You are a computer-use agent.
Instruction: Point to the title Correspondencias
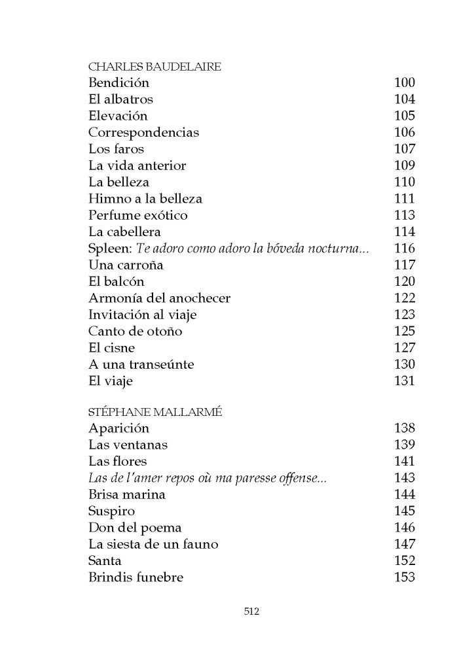coord(143,132)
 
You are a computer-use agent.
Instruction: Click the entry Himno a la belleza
coord(145,198)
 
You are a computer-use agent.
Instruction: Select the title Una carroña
coord(125,265)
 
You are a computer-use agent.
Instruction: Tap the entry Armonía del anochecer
coord(159,298)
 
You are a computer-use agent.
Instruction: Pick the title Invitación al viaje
coord(142,315)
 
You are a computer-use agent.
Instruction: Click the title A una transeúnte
coord(141,364)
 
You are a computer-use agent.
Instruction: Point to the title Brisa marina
coord(126,494)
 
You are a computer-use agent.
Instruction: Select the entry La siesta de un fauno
coord(153,544)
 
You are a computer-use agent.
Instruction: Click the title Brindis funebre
coord(136,577)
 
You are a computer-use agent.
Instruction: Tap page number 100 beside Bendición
coord(405,83)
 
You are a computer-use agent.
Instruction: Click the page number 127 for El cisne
coord(405,347)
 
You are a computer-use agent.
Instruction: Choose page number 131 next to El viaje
coord(405,381)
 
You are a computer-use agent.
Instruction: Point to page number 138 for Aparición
coord(405,429)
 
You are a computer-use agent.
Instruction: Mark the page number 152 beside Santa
coord(405,560)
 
